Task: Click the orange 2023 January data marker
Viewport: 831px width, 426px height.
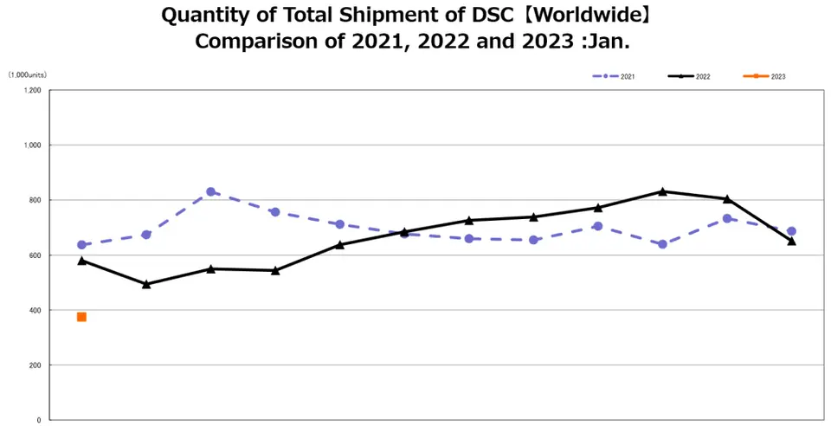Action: pos(81,317)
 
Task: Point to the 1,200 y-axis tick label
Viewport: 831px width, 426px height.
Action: pos(33,90)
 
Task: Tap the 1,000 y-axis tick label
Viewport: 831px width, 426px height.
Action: pos(33,145)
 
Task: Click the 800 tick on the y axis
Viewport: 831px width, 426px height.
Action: pos(35,200)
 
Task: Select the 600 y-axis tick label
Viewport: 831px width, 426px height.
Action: pos(35,255)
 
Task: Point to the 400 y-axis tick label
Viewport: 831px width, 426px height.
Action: pos(35,310)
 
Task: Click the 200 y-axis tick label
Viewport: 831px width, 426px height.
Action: pos(35,365)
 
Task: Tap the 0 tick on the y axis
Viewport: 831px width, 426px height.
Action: pos(39,420)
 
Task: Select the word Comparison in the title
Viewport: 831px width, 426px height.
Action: pos(252,42)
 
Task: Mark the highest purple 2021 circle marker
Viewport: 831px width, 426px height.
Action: pos(210,191)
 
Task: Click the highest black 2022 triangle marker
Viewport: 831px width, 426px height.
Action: pos(662,191)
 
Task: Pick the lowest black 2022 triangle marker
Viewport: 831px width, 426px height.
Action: pos(146,283)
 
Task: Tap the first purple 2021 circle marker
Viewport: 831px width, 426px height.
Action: pos(81,245)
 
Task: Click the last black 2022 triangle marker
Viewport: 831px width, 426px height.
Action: pos(791,241)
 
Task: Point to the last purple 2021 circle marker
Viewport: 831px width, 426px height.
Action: pos(791,231)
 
